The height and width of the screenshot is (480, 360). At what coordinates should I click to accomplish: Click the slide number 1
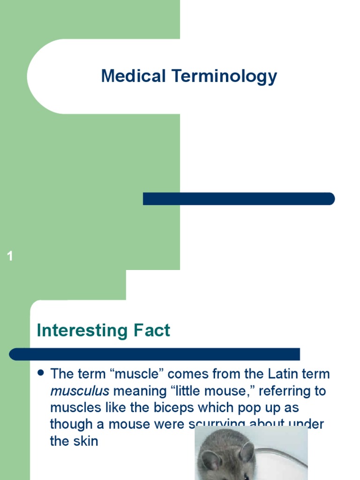pyautogui.click(x=10, y=256)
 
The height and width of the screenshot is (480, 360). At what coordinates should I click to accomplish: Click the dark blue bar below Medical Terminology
pyautogui.click(x=239, y=199)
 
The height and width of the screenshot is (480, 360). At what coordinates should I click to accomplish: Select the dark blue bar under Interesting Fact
pyautogui.click(x=155, y=354)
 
